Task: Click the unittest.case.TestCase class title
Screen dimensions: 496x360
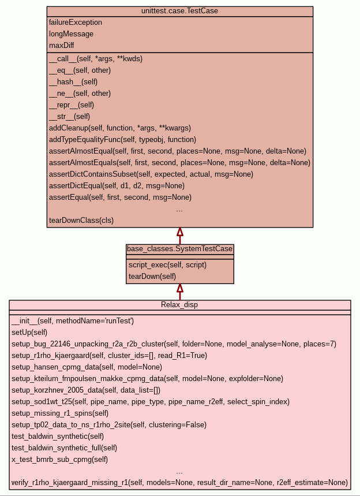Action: [179, 11]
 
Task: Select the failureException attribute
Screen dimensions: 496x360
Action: [76, 23]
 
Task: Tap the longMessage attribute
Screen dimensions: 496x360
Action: [71, 34]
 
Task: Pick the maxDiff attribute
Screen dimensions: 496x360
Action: [62, 46]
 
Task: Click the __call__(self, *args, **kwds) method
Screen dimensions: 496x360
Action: [96, 59]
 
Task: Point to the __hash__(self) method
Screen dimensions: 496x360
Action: [73, 82]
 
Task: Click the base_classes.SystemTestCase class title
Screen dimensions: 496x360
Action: [180, 249]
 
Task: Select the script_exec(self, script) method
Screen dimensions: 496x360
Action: [167, 265]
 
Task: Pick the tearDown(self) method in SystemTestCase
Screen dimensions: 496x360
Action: [152, 277]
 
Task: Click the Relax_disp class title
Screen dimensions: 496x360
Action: [179, 305]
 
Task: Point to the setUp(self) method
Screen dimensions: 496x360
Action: [29, 333]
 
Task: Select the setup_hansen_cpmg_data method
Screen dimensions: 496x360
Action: [87, 367]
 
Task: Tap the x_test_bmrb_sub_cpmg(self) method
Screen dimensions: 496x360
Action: [59, 460]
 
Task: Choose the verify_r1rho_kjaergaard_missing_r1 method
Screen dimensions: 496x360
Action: [179, 483]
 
